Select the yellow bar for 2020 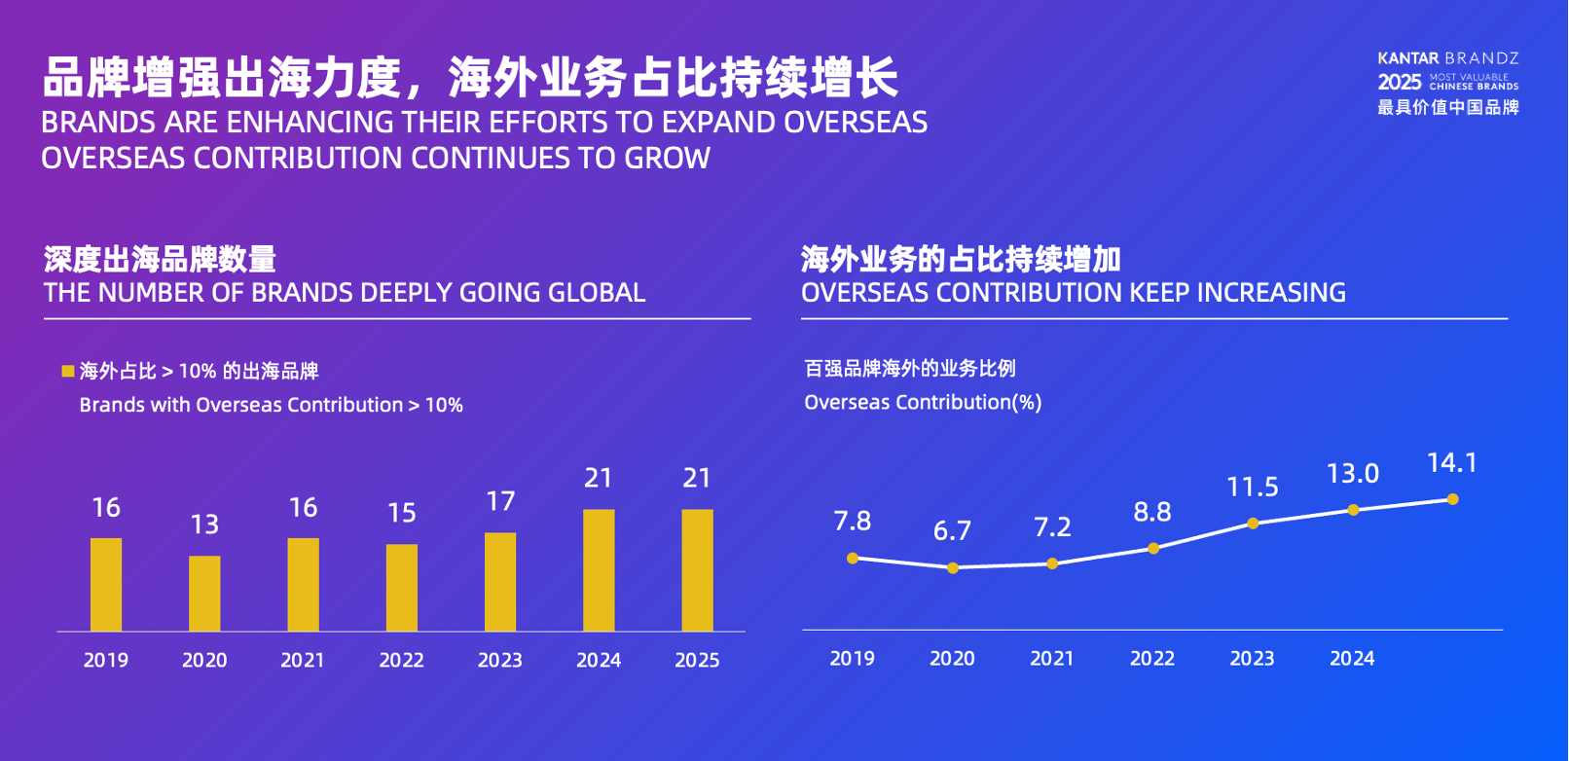[x=204, y=594]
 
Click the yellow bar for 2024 [x=599, y=570]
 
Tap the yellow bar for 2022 [x=401, y=588]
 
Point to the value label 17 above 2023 [x=500, y=501]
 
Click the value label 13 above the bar [x=204, y=525]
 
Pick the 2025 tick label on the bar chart [x=697, y=660]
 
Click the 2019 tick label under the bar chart [x=106, y=660]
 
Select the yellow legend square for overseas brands [x=68, y=371]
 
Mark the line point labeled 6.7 [x=953, y=568]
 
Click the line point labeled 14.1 [x=1452, y=499]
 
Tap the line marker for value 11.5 [x=1253, y=524]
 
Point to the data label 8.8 [x=1152, y=512]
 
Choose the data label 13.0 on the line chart [x=1353, y=474]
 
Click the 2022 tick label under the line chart [x=1152, y=659]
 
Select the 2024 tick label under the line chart [x=1352, y=659]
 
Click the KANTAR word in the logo [x=1408, y=59]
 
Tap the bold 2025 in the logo [x=1400, y=83]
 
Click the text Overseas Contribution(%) [x=923, y=402]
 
